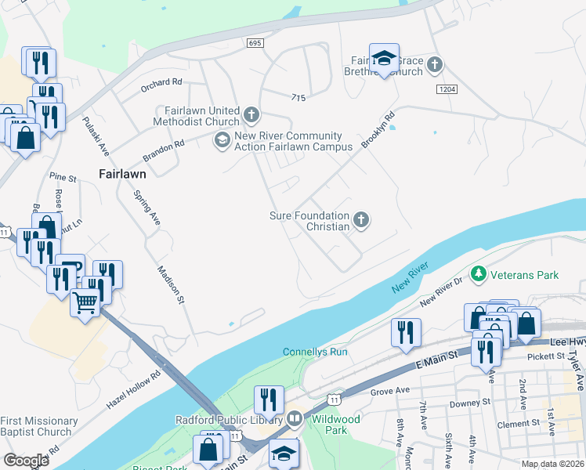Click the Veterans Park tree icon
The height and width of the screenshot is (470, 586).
click(x=477, y=274)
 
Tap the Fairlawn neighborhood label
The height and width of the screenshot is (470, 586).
click(x=123, y=173)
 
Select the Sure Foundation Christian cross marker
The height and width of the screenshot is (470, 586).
click(x=360, y=219)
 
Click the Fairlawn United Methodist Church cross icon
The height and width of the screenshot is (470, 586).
click(x=251, y=116)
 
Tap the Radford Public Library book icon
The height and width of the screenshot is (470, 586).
click(x=295, y=418)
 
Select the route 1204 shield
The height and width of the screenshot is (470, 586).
click(x=447, y=90)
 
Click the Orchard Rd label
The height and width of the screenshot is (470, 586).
click(x=162, y=81)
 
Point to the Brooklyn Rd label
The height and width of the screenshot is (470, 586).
click(x=378, y=132)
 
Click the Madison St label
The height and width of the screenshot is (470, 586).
click(x=170, y=284)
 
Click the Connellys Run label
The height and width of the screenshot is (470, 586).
click(x=314, y=352)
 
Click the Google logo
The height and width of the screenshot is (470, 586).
click(x=27, y=460)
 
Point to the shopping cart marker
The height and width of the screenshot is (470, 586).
click(x=85, y=301)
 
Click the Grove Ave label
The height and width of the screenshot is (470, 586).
click(x=390, y=390)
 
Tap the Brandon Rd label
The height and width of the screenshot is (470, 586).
click(x=163, y=150)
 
